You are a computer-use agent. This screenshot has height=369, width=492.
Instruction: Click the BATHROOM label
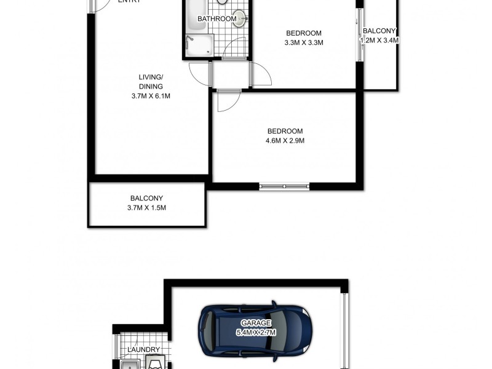(216, 19)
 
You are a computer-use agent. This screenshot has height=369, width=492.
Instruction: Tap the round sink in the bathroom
(239, 19)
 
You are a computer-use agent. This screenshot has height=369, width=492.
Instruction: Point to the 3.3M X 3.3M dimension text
(304, 43)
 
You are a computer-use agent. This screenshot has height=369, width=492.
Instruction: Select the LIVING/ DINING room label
(151, 82)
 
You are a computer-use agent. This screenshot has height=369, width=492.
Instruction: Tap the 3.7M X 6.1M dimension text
(151, 97)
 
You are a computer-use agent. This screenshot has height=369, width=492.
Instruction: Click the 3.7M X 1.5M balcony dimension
(146, 208)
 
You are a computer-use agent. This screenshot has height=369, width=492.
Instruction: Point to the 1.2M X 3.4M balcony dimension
(379, 41)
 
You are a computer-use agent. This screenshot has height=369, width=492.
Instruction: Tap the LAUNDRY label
(143, 350)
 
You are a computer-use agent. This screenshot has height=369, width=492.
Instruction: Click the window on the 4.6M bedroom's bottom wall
(284, 186)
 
